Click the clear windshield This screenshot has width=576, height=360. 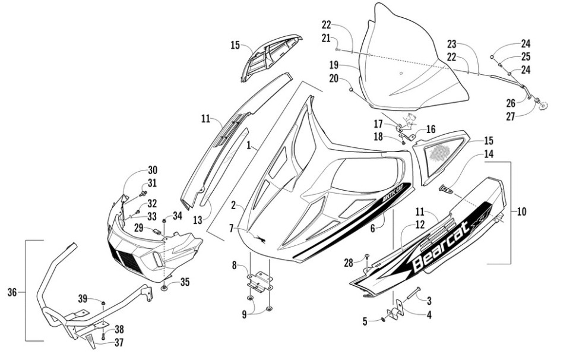click(x=410, y=65)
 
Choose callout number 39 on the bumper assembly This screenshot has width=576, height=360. click(x=83, y=298)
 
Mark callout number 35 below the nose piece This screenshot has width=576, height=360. click(x=185, y=283)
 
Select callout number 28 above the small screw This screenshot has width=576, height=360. click(x=347, y=261)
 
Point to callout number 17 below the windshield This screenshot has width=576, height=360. click(x=378, y=124)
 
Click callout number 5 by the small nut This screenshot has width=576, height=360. click(x=366, y=321)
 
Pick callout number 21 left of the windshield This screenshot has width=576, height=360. click(x=326, y=39)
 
